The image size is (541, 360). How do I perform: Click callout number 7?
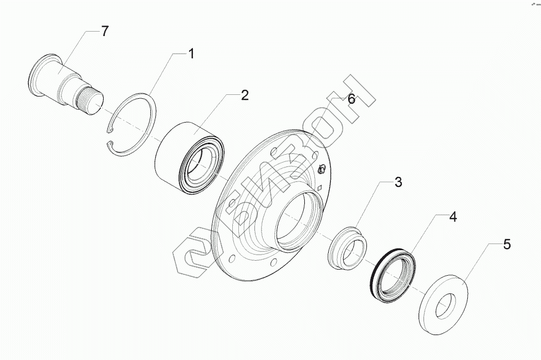tap(105, 31)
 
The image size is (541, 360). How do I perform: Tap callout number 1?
tap(191, 54)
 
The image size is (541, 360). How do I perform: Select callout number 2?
tap(244, 95)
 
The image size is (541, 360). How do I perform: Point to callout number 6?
tap(350, 99)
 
